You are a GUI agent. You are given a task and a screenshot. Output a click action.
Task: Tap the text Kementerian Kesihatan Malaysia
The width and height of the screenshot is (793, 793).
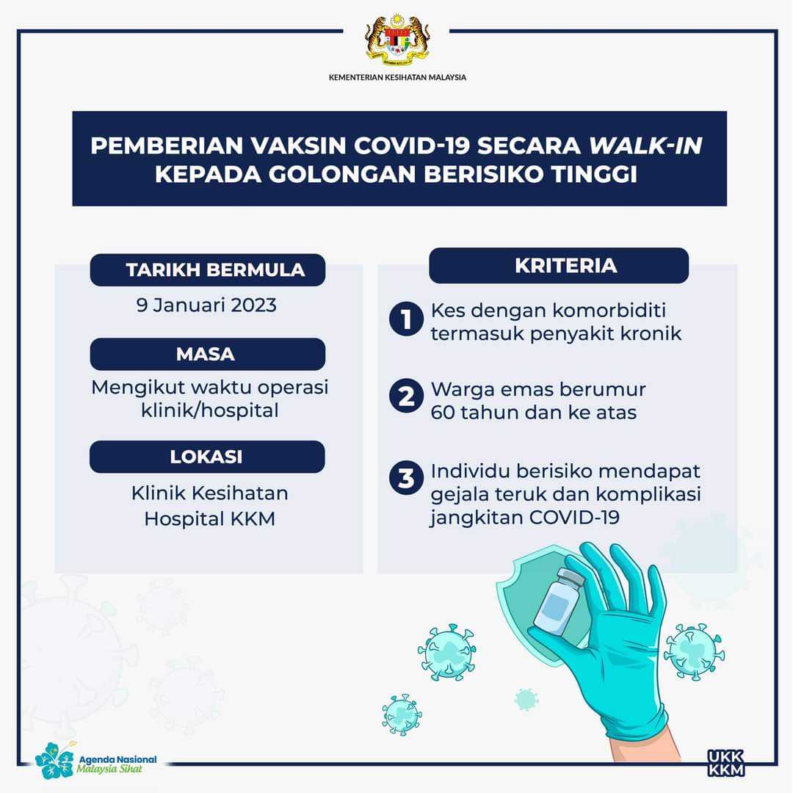397,77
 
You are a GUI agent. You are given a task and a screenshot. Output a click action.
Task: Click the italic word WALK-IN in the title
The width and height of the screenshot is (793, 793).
646,145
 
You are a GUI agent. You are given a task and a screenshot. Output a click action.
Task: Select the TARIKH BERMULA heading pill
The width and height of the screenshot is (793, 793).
207,270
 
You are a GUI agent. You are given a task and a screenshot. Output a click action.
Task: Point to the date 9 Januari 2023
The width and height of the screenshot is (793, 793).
206,305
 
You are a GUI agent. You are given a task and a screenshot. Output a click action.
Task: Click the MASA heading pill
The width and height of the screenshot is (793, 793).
207,354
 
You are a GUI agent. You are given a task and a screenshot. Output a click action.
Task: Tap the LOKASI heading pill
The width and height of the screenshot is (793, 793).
207,457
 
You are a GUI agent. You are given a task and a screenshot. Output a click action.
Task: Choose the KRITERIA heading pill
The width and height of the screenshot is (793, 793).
559,266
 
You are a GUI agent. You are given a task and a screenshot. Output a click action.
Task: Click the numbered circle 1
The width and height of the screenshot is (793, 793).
406,319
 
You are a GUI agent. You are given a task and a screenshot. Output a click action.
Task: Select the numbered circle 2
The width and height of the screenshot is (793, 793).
406,396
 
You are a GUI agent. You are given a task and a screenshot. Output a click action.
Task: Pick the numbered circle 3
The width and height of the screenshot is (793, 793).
406,477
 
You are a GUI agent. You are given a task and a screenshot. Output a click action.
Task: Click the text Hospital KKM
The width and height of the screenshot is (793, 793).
210,519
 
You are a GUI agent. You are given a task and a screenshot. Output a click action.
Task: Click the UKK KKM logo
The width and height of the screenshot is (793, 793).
725,763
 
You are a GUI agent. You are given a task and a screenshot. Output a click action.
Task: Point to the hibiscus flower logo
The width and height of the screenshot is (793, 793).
54,760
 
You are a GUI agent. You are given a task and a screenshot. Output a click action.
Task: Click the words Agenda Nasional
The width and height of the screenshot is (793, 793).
117,760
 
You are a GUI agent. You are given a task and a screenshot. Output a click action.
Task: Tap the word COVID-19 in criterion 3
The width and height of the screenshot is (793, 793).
574,518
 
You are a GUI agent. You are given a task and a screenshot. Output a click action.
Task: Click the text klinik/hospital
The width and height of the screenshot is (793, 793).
210,410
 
